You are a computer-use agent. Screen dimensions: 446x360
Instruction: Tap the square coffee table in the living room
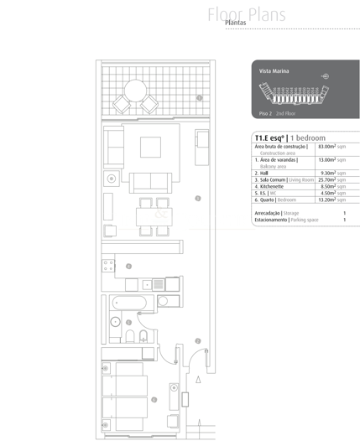(x=151, y=147)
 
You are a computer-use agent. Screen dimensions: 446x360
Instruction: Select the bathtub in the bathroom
(x=129, y=302)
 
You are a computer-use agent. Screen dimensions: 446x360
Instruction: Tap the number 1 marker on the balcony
(x=199, y=98)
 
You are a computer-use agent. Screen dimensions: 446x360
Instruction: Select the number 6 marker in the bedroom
(x=154, y=400)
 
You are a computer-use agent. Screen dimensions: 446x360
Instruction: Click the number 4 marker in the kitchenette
(x=128, y=267)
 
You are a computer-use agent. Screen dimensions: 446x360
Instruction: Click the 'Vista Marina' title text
(x=274, y=72)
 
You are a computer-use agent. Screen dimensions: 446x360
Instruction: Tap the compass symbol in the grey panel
(x=325, y=76)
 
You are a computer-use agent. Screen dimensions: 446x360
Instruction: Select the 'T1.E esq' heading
(x=269, y=137)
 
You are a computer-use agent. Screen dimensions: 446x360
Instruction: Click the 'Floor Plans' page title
(x=248, y=14)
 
